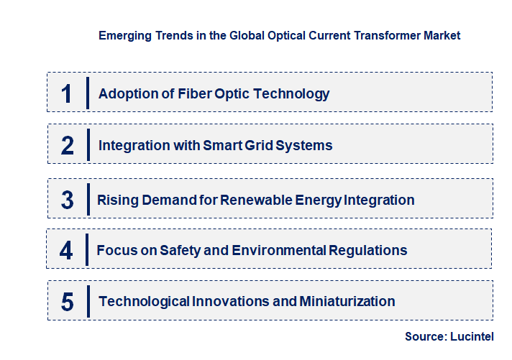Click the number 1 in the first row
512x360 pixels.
[67, 93]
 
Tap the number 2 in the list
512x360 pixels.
[68, 146]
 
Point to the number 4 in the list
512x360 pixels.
[66, 251]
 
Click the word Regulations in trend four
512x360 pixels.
[368, 251]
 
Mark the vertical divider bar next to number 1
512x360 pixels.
[87, 93]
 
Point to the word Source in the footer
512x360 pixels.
[426, 336]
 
